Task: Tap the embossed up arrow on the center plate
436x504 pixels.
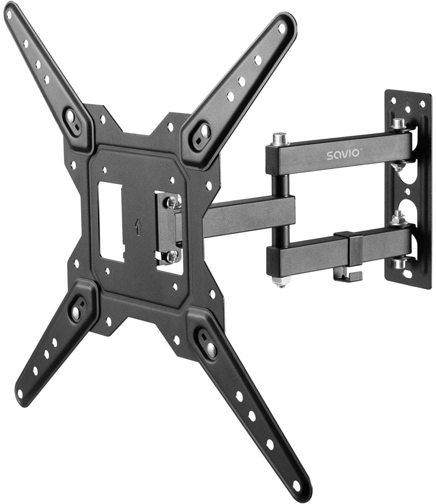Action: pyautogui.click(x=137, y=227)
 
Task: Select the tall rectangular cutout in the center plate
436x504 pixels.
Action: pyautogui.click(x=112, y=221)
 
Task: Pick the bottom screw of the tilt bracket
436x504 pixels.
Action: pyautogui.click(x=171, y=256)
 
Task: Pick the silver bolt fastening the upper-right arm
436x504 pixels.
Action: pyautogui.click(x=204, y=130)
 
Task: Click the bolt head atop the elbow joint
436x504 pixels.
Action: pyautogui.click(x=280, y=139)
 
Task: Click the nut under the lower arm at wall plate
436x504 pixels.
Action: pyautogui.click(x=399, y=263)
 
